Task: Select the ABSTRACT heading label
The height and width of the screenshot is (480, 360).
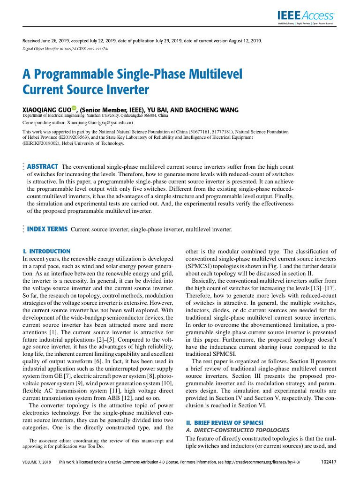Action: (x=43, y=166)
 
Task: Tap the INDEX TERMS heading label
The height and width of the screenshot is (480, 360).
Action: (x=47, y=229)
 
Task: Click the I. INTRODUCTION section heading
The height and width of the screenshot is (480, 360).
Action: (x=46, y=251)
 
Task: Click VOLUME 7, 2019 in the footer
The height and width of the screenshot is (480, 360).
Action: (x=37, y=462)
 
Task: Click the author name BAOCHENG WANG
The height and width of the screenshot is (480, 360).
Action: (x=212, y=110)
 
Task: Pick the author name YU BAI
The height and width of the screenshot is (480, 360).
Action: (x=161, y=110)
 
